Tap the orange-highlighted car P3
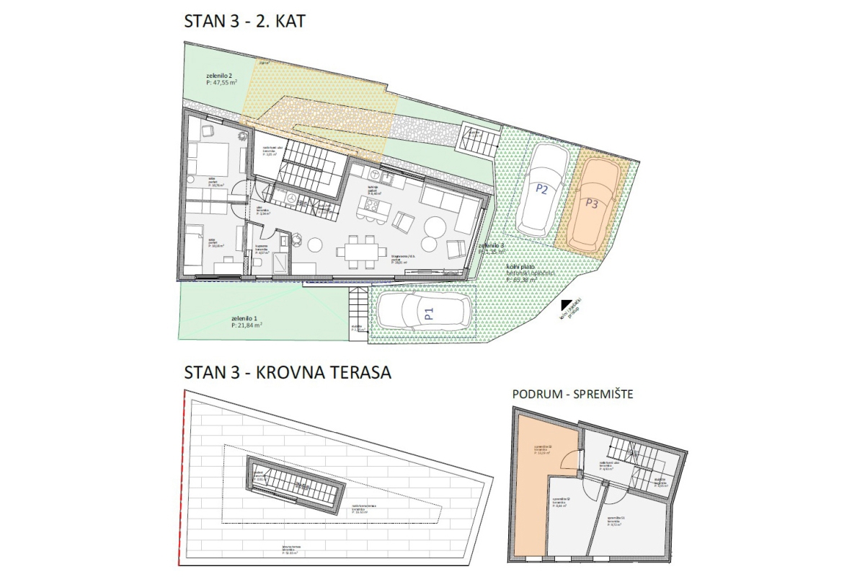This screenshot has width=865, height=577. (593, 205)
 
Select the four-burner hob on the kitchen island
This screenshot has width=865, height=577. (373, 207)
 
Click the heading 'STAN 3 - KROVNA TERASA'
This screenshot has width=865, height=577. (288, 373)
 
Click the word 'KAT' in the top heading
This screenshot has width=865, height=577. (286, 22)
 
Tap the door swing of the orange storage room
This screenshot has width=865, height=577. (569, 459)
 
